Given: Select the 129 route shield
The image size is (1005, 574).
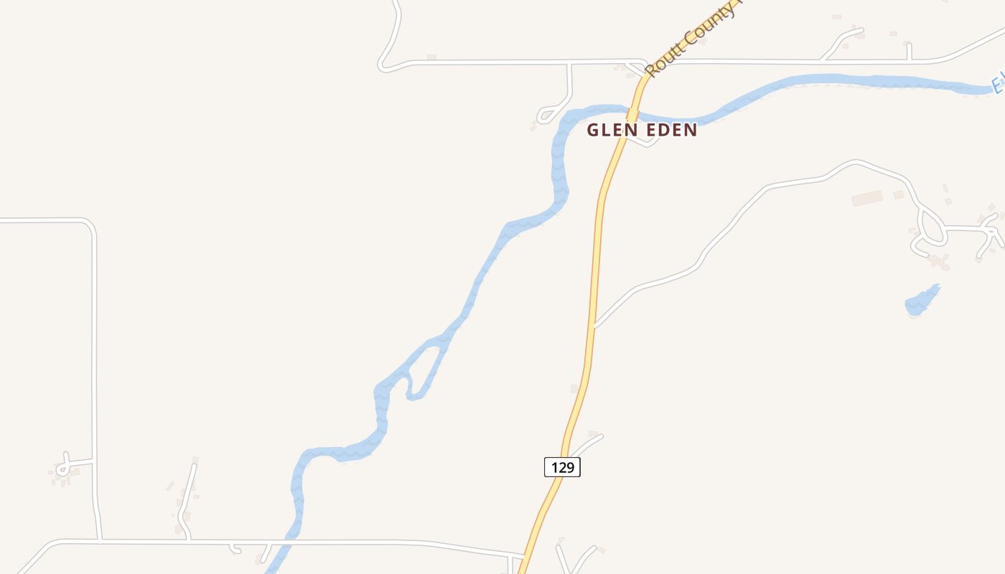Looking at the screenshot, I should point(561,468).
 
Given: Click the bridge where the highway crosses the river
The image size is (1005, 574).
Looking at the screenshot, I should point(632,113).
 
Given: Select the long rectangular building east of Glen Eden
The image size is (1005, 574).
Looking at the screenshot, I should point(867,198).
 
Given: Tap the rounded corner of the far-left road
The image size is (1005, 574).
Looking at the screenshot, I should point(89,225).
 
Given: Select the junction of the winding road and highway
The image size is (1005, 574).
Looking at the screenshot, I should point(594,326).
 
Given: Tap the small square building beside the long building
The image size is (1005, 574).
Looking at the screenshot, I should point(899,194).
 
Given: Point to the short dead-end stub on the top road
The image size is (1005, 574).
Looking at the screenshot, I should point(909,52).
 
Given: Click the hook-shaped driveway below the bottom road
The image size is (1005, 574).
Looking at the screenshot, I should point(234,549).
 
